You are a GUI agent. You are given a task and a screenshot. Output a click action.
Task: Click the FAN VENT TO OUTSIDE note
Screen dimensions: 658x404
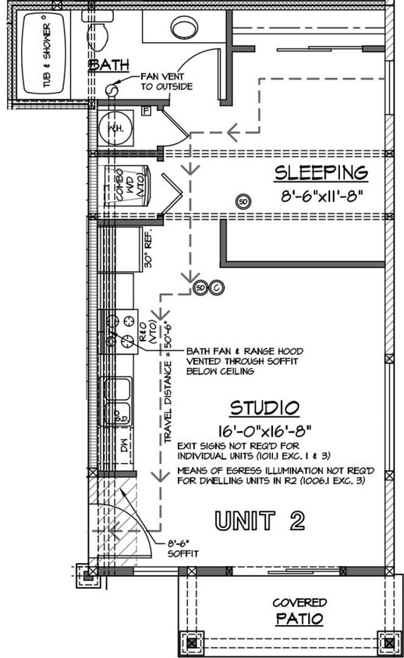coord(166,82)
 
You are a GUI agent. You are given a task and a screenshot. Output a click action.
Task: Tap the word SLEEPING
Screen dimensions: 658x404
coord(320,172)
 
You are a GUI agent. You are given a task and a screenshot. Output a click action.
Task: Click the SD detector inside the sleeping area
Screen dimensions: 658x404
coord(244,201)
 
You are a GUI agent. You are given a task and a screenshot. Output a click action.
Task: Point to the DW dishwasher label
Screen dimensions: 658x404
coord(124,449)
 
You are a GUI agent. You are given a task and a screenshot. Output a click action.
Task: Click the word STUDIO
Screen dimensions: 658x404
coord(264,408)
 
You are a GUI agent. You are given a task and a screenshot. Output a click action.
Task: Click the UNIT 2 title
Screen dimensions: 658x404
coord(260,521)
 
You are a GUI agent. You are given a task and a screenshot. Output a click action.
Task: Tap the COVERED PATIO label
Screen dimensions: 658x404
coord(299,611)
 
